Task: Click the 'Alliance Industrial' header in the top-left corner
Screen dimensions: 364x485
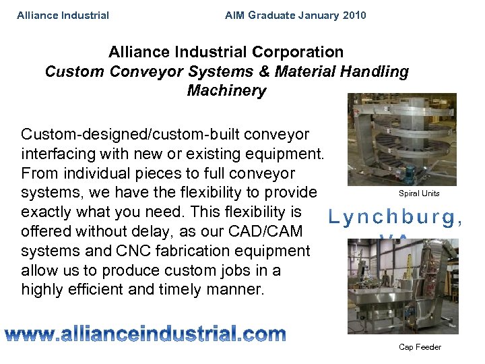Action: click(x=63, y=15)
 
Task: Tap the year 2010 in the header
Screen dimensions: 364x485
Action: click(x=354, y=15)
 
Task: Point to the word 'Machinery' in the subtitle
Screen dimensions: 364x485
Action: click(x=226, y=90)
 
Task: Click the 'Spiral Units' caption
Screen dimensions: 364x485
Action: click(x=419, y=193)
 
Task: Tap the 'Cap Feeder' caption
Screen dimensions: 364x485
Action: click(x=420, y=347)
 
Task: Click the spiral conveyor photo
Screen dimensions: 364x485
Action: click(x=401, y=139)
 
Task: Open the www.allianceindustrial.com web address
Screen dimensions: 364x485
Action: click(x=145, y=333)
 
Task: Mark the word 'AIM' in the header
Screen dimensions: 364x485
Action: click(x=235, y=15)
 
